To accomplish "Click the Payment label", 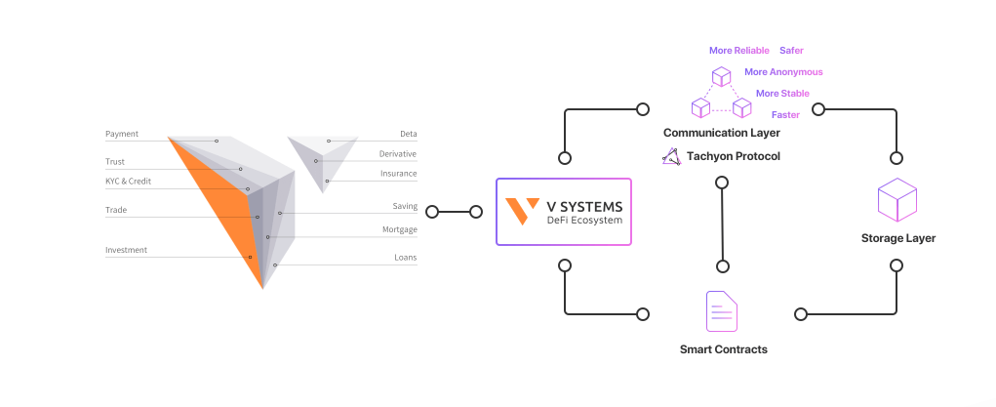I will click(122, 134).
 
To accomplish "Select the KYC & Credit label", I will click(129, 182).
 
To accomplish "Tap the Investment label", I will click(126, 250).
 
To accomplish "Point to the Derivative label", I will click(398, 154).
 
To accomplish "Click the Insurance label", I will click(398, 174).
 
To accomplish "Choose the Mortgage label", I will click(399, 229).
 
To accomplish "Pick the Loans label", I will click(405, 258).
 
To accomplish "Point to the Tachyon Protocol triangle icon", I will click(670, 156).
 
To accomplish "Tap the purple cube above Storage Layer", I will click(897, 201).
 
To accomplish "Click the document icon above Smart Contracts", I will click(722, 311).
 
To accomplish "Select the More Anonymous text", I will click(783, 72).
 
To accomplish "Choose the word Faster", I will click(785, 115).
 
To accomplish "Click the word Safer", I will click(791, 50).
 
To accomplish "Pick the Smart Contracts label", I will click(723, 349).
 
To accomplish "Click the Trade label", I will click(116, 210).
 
